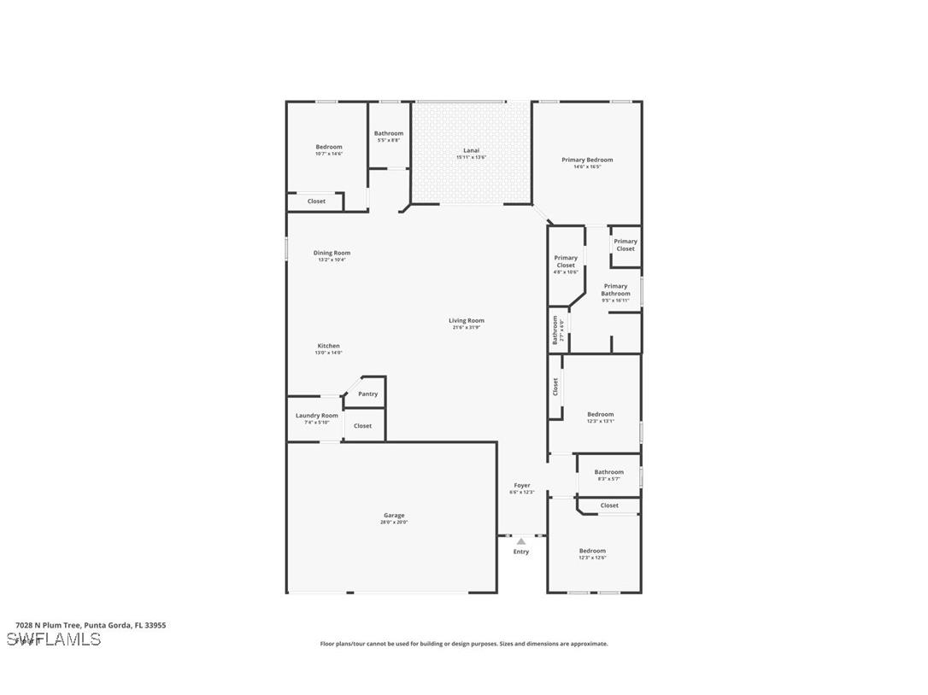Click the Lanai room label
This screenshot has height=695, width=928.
(x=471, y=150)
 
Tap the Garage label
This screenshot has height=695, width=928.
(x=394, y=515)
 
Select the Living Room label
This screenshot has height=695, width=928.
(x=467, y=321)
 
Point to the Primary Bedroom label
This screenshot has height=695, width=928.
(x=587, y=160)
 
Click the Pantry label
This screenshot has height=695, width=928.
(x=367, y=394)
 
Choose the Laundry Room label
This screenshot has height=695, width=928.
(x=317, y=416)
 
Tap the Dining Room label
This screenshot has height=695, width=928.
(x=332, y=253)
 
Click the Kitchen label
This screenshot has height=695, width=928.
(x=328, y=346)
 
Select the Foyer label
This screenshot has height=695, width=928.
(x=521, y=485)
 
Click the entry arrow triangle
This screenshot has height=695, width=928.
(x=521, y=541)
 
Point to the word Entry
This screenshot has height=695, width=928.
(x=521, y=552)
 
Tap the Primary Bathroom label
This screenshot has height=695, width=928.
(x=615, y=289)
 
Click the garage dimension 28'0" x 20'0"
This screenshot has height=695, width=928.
(x=394, y=522)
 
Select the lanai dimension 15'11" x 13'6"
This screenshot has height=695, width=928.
(x=471, y=157)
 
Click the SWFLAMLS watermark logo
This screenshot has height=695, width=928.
(x=54, y=640)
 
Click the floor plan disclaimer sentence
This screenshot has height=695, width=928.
(x=464, y=644)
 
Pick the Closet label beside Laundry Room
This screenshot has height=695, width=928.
(x=362, y=425)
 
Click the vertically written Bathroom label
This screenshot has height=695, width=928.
(x=555, y=330)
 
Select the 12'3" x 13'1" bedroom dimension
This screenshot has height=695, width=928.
(x=600, y=421)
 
